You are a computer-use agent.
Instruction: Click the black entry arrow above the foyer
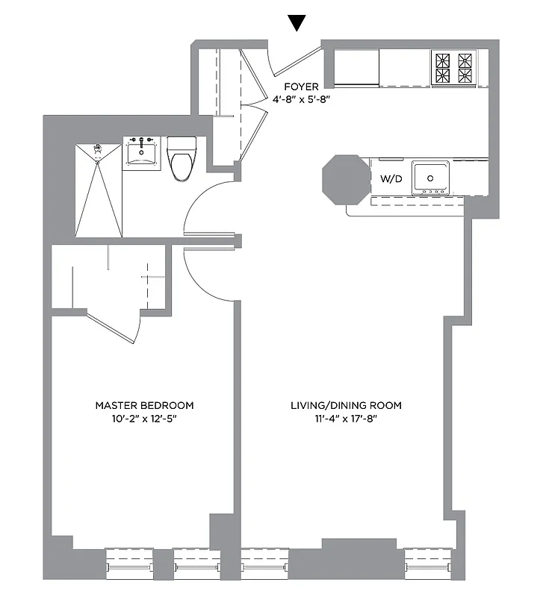click(x=297, y=22)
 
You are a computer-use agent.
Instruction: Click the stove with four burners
click(x=453, y=68)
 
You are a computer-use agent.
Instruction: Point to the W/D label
click(x=391, y=178)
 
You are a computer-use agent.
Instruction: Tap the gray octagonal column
click(x=345, y=180)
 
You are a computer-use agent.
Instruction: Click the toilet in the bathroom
click(x=182, y=157)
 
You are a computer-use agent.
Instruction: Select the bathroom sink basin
click(x=142, y=152)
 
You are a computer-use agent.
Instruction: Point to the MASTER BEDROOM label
click(x=144, y=405)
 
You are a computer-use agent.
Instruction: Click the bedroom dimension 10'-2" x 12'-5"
click(x=144, y=419)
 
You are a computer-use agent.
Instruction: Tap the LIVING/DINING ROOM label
click(x=346, y=405)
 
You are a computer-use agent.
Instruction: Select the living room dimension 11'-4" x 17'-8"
click(x=346, y=419)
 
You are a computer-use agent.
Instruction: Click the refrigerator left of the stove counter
click(x=356, y=68)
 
